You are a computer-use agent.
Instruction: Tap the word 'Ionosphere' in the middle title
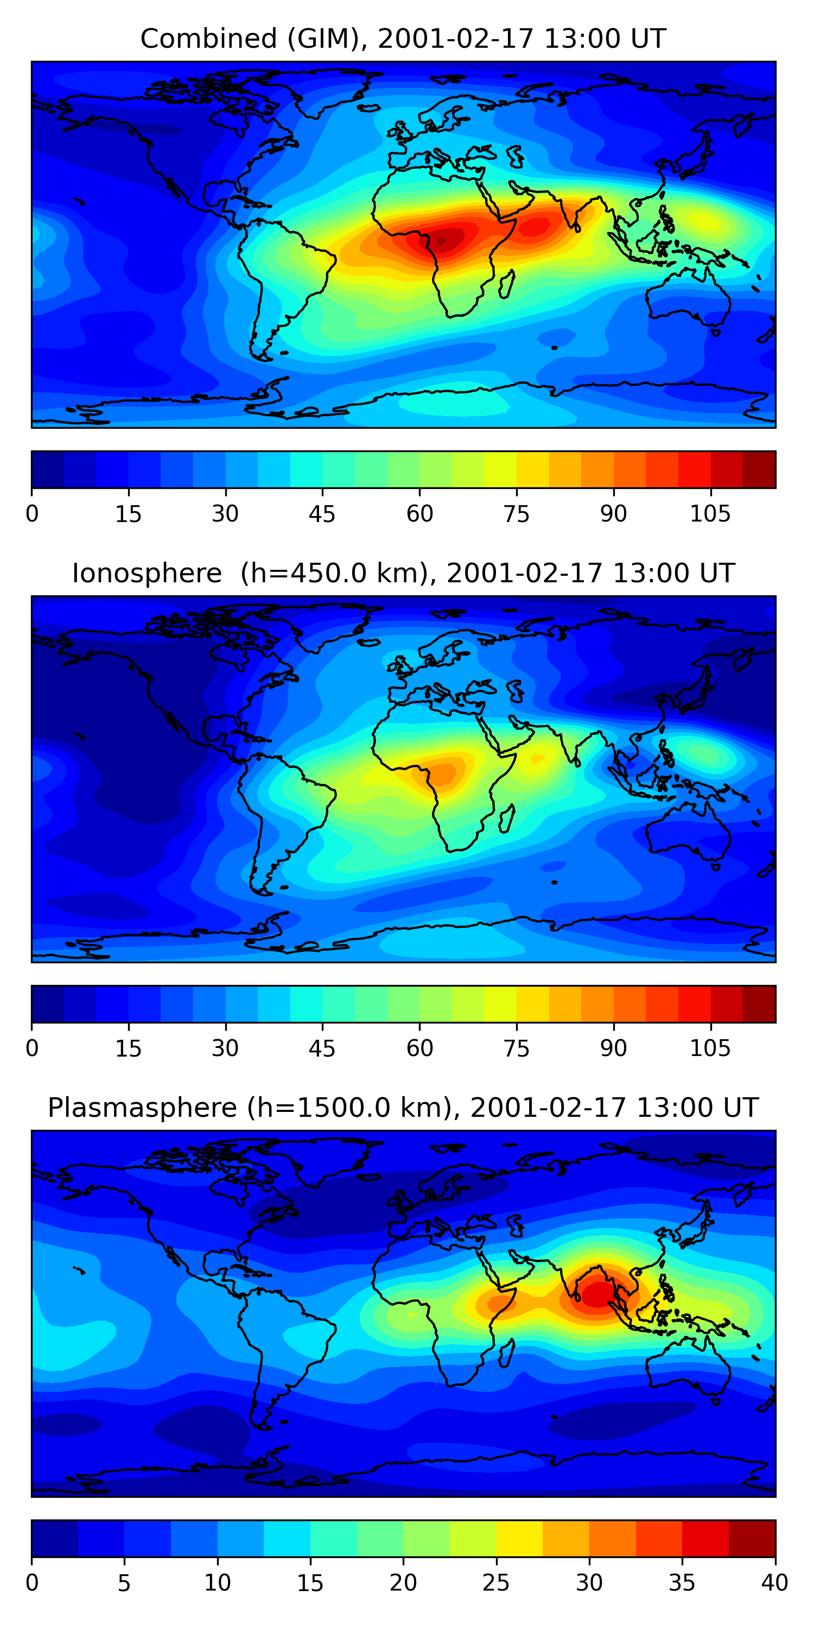tap(147, 574)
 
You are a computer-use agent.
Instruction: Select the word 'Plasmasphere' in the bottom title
tap(142, 1108)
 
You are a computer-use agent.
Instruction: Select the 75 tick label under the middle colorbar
tap(516, 1048)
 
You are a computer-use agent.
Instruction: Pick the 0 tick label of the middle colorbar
tap(32, 1048)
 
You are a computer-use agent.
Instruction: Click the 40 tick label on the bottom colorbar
tap(774, 1583)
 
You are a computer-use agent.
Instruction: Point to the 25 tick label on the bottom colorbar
tap(495, 1583)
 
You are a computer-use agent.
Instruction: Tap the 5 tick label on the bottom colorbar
tap(124, 1583)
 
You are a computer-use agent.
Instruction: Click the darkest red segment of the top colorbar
tap(759, 469)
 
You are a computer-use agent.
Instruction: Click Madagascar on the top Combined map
tap(506, 284)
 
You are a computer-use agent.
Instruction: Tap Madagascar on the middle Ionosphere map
tap(506, 819)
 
